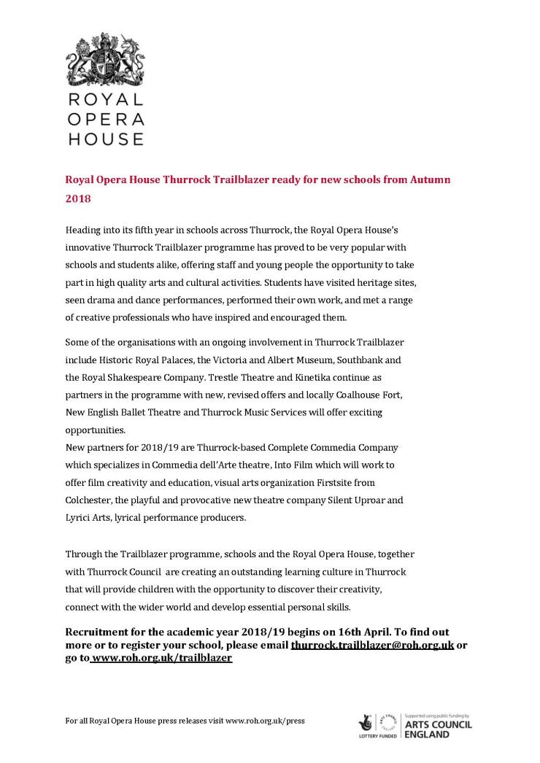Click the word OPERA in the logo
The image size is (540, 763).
(106, 119)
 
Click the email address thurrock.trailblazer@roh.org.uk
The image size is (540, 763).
(372, 646)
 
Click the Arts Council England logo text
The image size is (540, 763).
(438, 729)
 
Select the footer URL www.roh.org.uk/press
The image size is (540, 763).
(265, 721)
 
